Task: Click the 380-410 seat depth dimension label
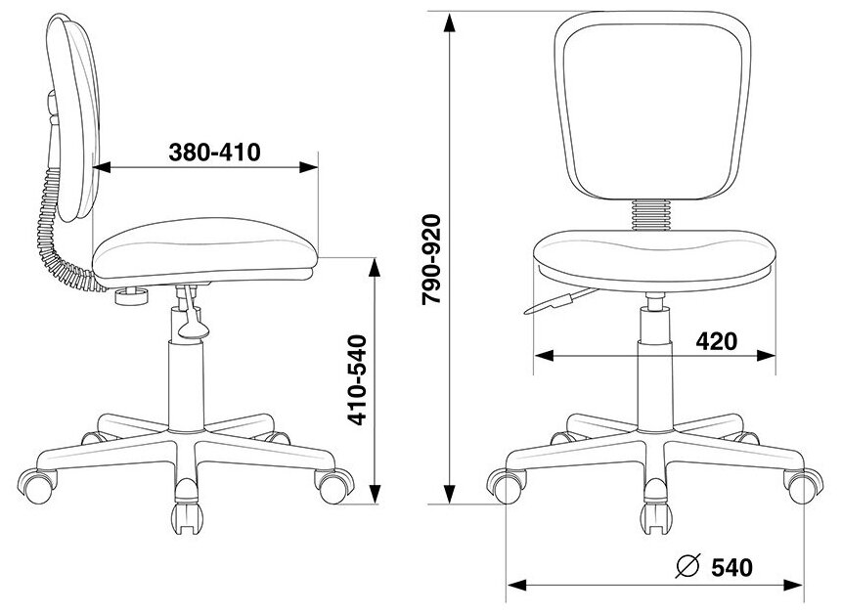click(x=214, y=153)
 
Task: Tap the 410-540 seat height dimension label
click(x=358, y=379)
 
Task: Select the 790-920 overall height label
click(x=430, y=259)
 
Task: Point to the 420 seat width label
click(x=717, y=341)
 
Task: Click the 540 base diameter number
click(x=732, y=567)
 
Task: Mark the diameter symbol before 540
click(x=688, y=566)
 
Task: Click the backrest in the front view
click(x=650, y=107)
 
